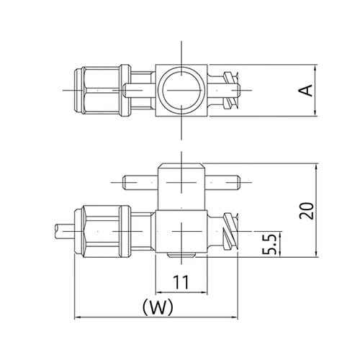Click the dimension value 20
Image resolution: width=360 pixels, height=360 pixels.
click(x=307, y=211)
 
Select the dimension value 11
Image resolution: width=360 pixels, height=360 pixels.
click(x=181, y=282)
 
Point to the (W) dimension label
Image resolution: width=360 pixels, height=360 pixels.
click(x=158, y=307)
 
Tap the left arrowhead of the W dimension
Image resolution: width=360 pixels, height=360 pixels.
click(x=77, y=317)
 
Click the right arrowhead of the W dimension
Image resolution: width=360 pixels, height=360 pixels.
click(x=235, y=317)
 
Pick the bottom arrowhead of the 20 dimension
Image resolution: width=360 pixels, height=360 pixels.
click(x=317, y=254)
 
